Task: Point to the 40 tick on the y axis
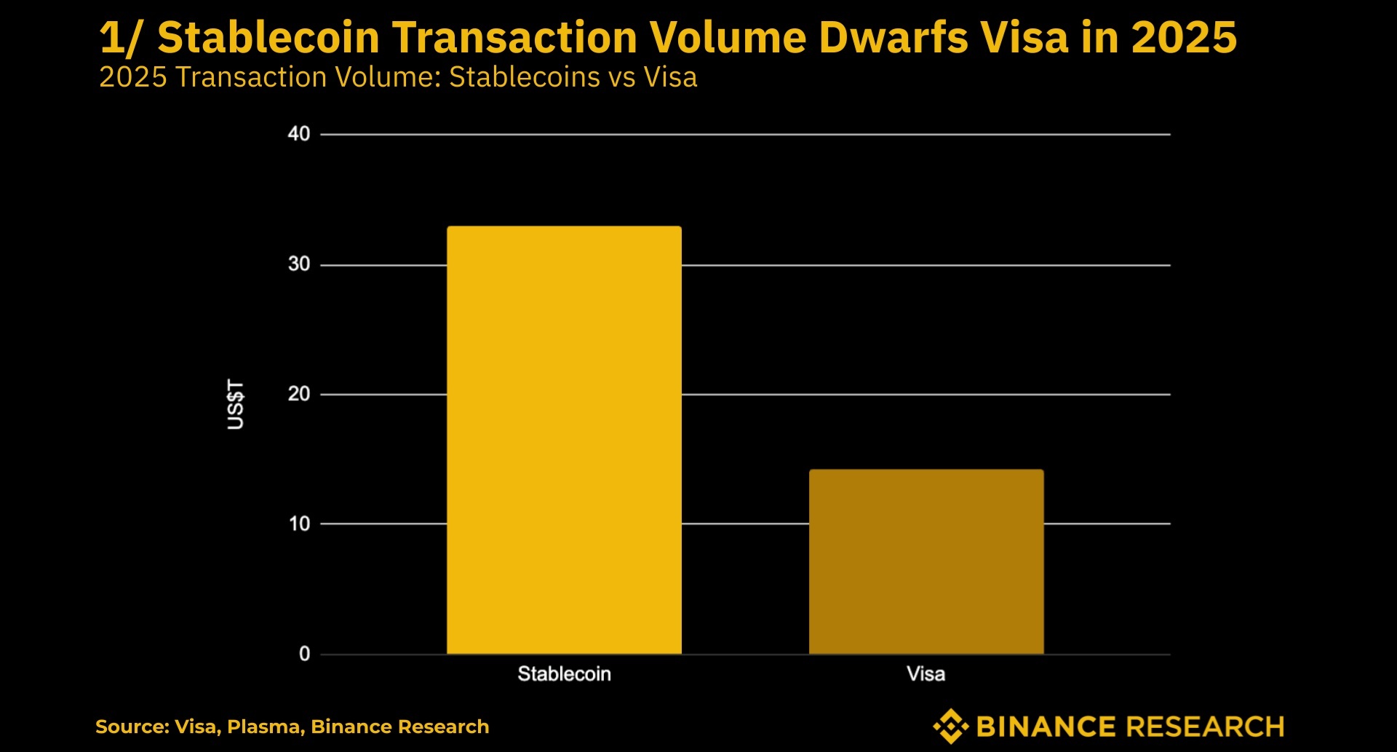click(299, 134)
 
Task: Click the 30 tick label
click(299, 264)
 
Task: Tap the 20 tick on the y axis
click(299, 394)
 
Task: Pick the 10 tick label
click(299, 523)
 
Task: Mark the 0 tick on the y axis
click(304, 654)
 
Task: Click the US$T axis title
click(236, 404)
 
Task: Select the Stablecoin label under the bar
click(564, 674)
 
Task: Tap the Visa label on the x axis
click(926, 674)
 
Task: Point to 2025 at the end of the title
click(1184, 38)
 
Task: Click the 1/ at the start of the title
click(120, 38)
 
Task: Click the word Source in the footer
click(131, 727)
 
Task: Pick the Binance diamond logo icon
click(950, 726)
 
